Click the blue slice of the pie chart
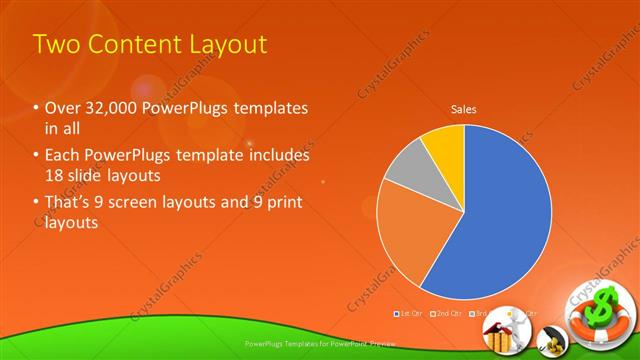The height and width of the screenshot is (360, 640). (x=500, y=220)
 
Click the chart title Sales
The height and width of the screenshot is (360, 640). (x=463, y=108)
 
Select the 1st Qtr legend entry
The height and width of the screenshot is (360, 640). (x=411, y=314)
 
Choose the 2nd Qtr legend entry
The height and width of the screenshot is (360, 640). (x=447, y=314)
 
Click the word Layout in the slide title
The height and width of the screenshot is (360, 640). (x=222, y=44)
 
